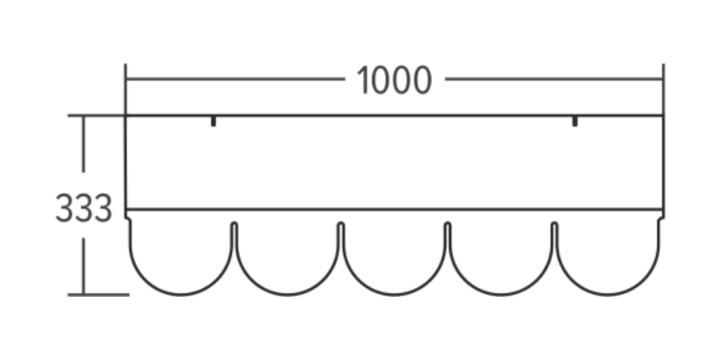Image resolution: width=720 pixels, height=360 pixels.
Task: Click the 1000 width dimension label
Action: pyautogui.click(x=394, y=81)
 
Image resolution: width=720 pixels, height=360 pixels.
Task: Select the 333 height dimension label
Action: pyautogui.click(x=83, y=209)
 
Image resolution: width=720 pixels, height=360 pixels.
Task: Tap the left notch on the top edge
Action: pyautogui.click(x=212, y=121)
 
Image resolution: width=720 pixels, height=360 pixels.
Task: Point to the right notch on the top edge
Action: pyautogui.click(x=575, y=121)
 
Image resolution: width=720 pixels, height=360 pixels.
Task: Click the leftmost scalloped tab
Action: pyautogui.click(x=181, y=256)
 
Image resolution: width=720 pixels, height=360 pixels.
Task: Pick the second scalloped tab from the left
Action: pyautogui.click(x=287, y=256)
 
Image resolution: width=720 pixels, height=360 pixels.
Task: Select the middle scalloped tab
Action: pyautogui.click(x=394, y=256)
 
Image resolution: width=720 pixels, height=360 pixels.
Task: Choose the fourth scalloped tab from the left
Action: pyautogui.click(x=500, y=256)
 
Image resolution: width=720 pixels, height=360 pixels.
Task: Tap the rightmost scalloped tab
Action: pyautogui.click(x=607, y=256)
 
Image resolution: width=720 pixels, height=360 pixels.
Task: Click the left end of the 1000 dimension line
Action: pyautogui.click(x=126, y=79)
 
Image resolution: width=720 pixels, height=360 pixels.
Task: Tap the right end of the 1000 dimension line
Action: pyautogui.click(x=663, y=79)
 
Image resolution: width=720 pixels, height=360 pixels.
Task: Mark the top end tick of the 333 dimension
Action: pyautogui.click(x=84, y=115)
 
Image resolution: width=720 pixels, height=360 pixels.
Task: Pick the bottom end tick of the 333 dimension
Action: pyautogui.click(x=84, y=294)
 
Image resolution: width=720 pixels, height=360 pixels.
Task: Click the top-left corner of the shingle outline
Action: pyautogui.click(x=126, y=115)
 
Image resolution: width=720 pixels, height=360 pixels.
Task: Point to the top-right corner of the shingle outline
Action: pyautogui.click(x=663, y=115)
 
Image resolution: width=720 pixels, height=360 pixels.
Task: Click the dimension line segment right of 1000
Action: pyautogui.click(x=553, y=79)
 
